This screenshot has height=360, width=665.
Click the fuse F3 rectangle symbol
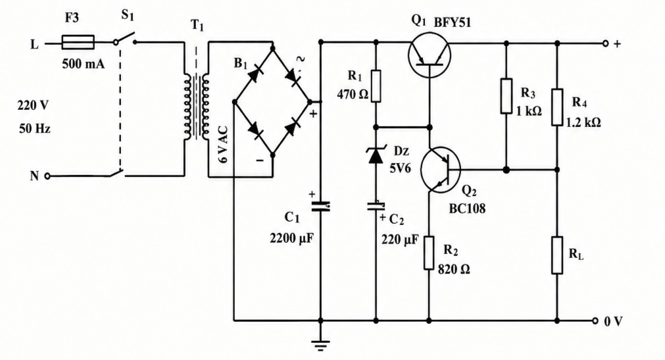[x=78, y=43]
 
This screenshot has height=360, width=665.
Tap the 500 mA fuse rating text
[x=83, y=64]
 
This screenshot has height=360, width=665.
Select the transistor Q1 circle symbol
[x=430, y=56]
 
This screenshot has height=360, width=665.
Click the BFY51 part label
[x=452, y=22]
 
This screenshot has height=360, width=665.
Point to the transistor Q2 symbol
[x=441, y=169]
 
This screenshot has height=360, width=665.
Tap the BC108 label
[x=467, y=209]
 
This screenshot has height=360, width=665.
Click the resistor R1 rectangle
[x=376, y=86]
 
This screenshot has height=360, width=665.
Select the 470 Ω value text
[x=353, y=94]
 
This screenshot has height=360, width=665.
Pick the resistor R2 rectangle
[x=429, y=253]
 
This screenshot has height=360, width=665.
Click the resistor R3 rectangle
[x=506, y=96]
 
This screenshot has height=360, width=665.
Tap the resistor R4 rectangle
[x=557, y=107]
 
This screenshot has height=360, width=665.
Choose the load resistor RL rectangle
[x=557, y=255]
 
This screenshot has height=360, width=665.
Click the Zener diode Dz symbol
[x=376, y=155]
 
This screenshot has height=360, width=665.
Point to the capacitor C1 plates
[x=320, y=207]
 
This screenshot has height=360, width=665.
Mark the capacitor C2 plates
[x=376, y=207]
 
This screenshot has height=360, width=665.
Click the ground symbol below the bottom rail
[x=320, y=345]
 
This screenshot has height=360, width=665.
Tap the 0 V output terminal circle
[x=595, y=321]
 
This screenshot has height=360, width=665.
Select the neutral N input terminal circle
[x=47, y=176]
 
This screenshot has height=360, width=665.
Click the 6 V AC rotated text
[x=224, y=144]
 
